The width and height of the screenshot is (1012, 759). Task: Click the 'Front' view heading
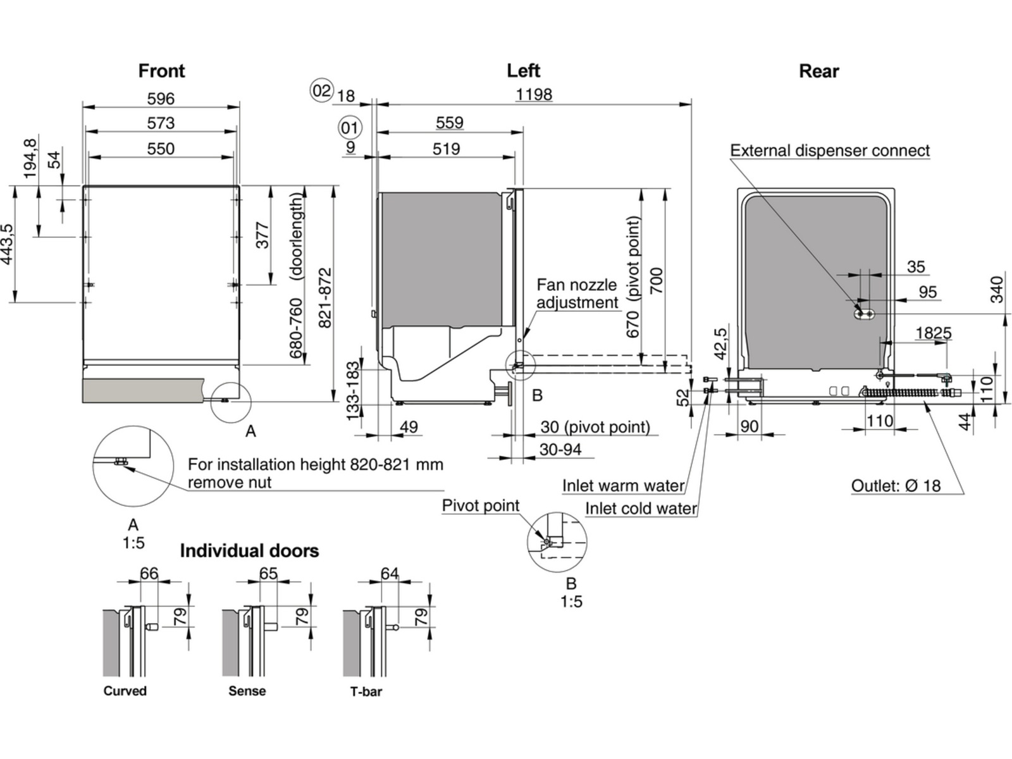(161, 71)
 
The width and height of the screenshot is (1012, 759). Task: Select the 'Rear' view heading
(818, 71)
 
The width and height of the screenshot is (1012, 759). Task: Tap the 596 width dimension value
(161, 99)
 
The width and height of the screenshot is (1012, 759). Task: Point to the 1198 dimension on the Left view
(534, 94)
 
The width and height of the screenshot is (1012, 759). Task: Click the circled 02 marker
(321, 90)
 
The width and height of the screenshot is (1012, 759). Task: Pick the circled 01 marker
(349, 128)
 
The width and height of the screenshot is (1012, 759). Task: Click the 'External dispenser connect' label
(830, 151)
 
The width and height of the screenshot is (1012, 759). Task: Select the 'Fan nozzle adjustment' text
(577, 293)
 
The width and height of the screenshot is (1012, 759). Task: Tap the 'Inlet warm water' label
(623, 486)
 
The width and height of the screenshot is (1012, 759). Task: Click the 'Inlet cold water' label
(641, 509)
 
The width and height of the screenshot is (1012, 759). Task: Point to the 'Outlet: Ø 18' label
(896, 486)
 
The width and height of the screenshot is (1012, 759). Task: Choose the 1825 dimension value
(933, 333)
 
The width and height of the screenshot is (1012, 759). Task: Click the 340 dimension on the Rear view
(997, 289)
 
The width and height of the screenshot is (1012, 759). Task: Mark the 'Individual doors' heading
(249, 550)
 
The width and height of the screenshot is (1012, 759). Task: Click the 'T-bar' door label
(366, 691)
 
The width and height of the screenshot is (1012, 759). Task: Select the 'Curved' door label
(125, 691)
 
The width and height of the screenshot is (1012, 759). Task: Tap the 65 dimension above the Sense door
(269, 573)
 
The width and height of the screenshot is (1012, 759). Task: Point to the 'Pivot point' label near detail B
(480, 505)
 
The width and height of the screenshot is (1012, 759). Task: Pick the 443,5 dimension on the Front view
(8, 244)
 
